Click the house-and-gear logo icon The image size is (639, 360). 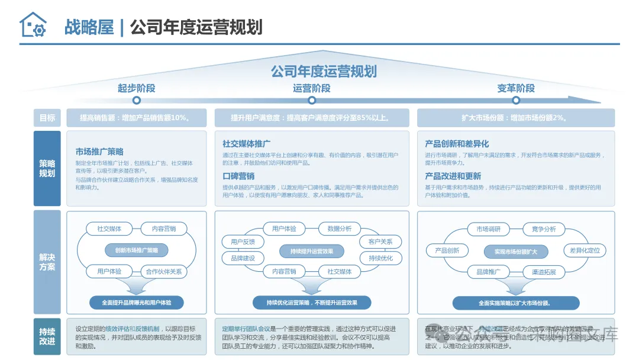tap(33, 25)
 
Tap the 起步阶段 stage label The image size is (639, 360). tap(136, 88)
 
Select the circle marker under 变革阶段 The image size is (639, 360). tap(515, 101)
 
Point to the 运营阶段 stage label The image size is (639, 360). tap(311, 88)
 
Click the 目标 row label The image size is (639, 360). tap(47, 118)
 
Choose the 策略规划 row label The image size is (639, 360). tap(47, 169)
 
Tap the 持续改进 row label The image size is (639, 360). tap(47, 336)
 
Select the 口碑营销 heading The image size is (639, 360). tap(238, 176)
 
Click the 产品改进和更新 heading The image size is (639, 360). tap(453, 176)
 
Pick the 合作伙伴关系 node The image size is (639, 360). tap(164, 272)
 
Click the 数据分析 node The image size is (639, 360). tap(339, 229)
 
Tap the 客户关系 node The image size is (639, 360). tap(380, 242)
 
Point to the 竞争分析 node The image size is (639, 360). tap(540, 229)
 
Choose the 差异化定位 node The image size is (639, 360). tap(585, 250)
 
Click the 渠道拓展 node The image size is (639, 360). tap(540, 272)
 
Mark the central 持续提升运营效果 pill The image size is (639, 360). tap(311, 251)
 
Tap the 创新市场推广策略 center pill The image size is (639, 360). tap(136, 250)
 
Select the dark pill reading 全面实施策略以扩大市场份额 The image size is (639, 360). tap(515, 303)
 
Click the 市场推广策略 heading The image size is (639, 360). tap(99, 152)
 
